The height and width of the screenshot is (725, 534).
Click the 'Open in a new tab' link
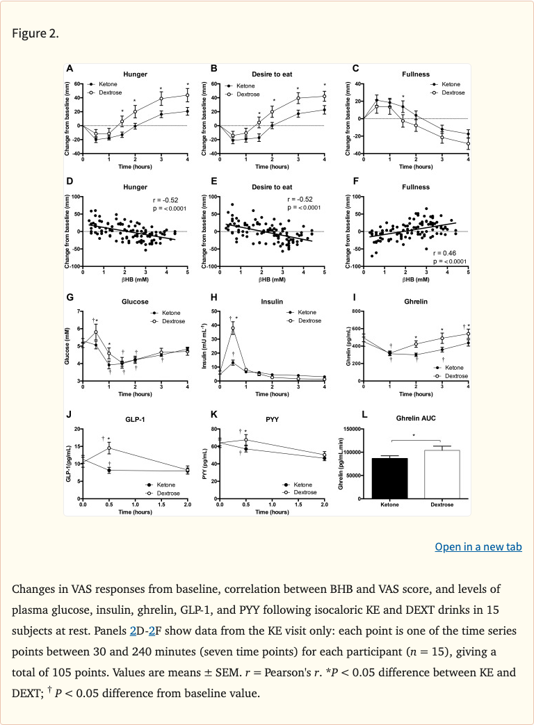coord(478,547)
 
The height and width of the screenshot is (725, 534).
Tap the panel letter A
coord(69,69)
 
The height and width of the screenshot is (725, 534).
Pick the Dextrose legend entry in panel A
coord(106,92)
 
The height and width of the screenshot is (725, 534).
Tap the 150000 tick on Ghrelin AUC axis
coord(352,429)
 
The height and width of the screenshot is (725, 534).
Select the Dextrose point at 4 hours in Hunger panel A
coord(187,95)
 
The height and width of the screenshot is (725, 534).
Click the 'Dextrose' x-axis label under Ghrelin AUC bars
coord(442,505)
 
